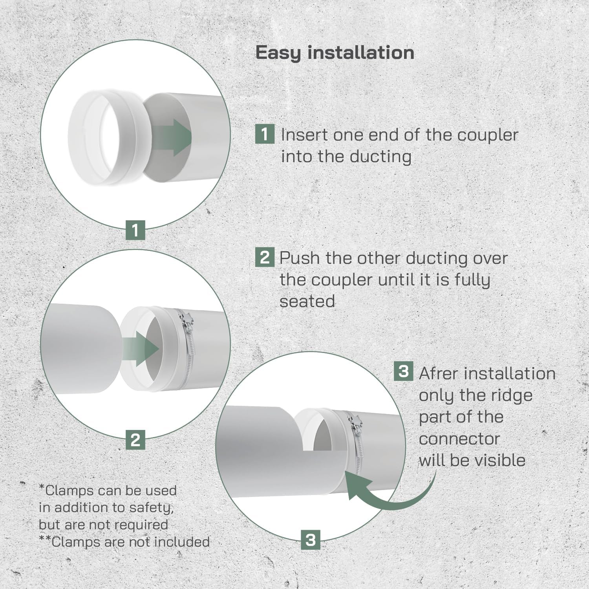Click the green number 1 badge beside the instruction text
pyautogui.click(x=265, y=134)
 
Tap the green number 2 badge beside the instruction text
pyautogui.click(x=265, y=257)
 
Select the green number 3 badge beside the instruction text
pyautogui.click(x=404, y=371)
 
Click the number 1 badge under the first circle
pyautogui.click(x=135, y=230)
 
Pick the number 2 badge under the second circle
pyautogui.click(x=135, y=440)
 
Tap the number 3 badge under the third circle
pyautogui.click(x=311, y=540)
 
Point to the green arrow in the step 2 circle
pyautogui.click(x=140, y=348)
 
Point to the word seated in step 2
pyautogui.click(x=307, y=302)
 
